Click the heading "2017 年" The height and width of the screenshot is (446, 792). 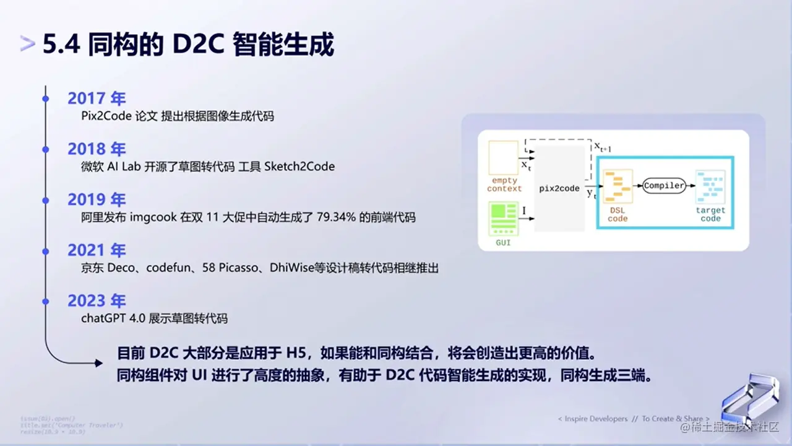[x=97, y=98]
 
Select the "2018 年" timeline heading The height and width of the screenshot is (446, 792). [x=97, y=149]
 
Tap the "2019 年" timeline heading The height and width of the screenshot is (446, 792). [x=97, y=199]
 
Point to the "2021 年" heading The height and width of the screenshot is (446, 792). [x=97, y=250]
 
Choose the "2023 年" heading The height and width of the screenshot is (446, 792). [x=97, y=301]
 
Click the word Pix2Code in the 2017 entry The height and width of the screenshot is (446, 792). [x=106, y=116]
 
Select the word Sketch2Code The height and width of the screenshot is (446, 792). [x=299, y=166]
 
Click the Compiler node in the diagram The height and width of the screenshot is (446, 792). [x=664, y=185]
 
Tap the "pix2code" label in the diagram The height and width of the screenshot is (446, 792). [x=559, y=188]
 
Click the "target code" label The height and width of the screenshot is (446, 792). [x=710, y=214]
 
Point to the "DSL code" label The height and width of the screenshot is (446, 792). [x=618, y=214]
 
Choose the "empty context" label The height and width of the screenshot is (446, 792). [x=504, y=185]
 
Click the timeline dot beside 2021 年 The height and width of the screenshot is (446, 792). [x=45, y=250]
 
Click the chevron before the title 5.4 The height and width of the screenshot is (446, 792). [x=27, y=45]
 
